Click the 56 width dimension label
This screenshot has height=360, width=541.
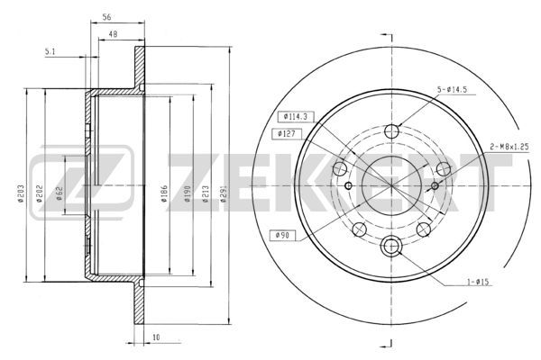click(x=107, y=17)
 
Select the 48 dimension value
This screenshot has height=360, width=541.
click(x=114, y=34)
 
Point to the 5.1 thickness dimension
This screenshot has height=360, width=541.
click(x=50, y=51)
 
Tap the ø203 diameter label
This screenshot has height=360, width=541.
click(x=22, y=194)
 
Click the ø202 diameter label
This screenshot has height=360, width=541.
click(x=41, y=195)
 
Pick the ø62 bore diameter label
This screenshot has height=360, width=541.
click(x=59, y=193)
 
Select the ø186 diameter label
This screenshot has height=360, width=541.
click(x=165, y=194)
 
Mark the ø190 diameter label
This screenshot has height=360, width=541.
click(x=188, y=194)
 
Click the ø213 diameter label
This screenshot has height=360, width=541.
click(x=206, y=194)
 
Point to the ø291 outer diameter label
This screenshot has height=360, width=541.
click(x=224, y=194)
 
